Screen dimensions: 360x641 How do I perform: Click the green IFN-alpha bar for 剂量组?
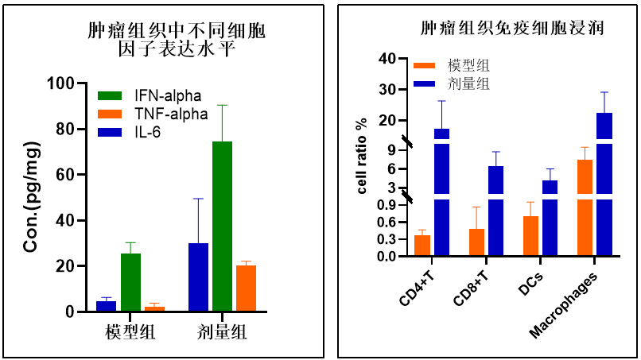click(x=222, y=226)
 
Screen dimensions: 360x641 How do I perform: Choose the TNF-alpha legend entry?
click(x=150, y=114)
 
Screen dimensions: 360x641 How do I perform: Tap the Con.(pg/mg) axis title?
click(x=32, y=198)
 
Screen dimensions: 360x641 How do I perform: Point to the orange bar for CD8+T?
click(x=476, y=242)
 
